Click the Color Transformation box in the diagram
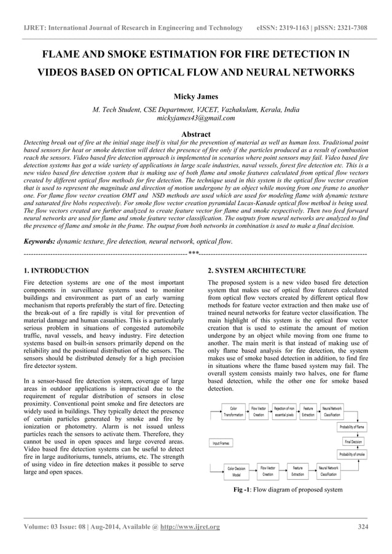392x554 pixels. point(233,412)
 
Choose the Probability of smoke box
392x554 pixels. point(352,455)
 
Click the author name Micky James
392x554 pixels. point(195,97)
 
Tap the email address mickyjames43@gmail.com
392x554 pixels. point(196,118)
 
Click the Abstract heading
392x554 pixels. point(196,134)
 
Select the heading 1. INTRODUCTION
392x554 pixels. point(56,271)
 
